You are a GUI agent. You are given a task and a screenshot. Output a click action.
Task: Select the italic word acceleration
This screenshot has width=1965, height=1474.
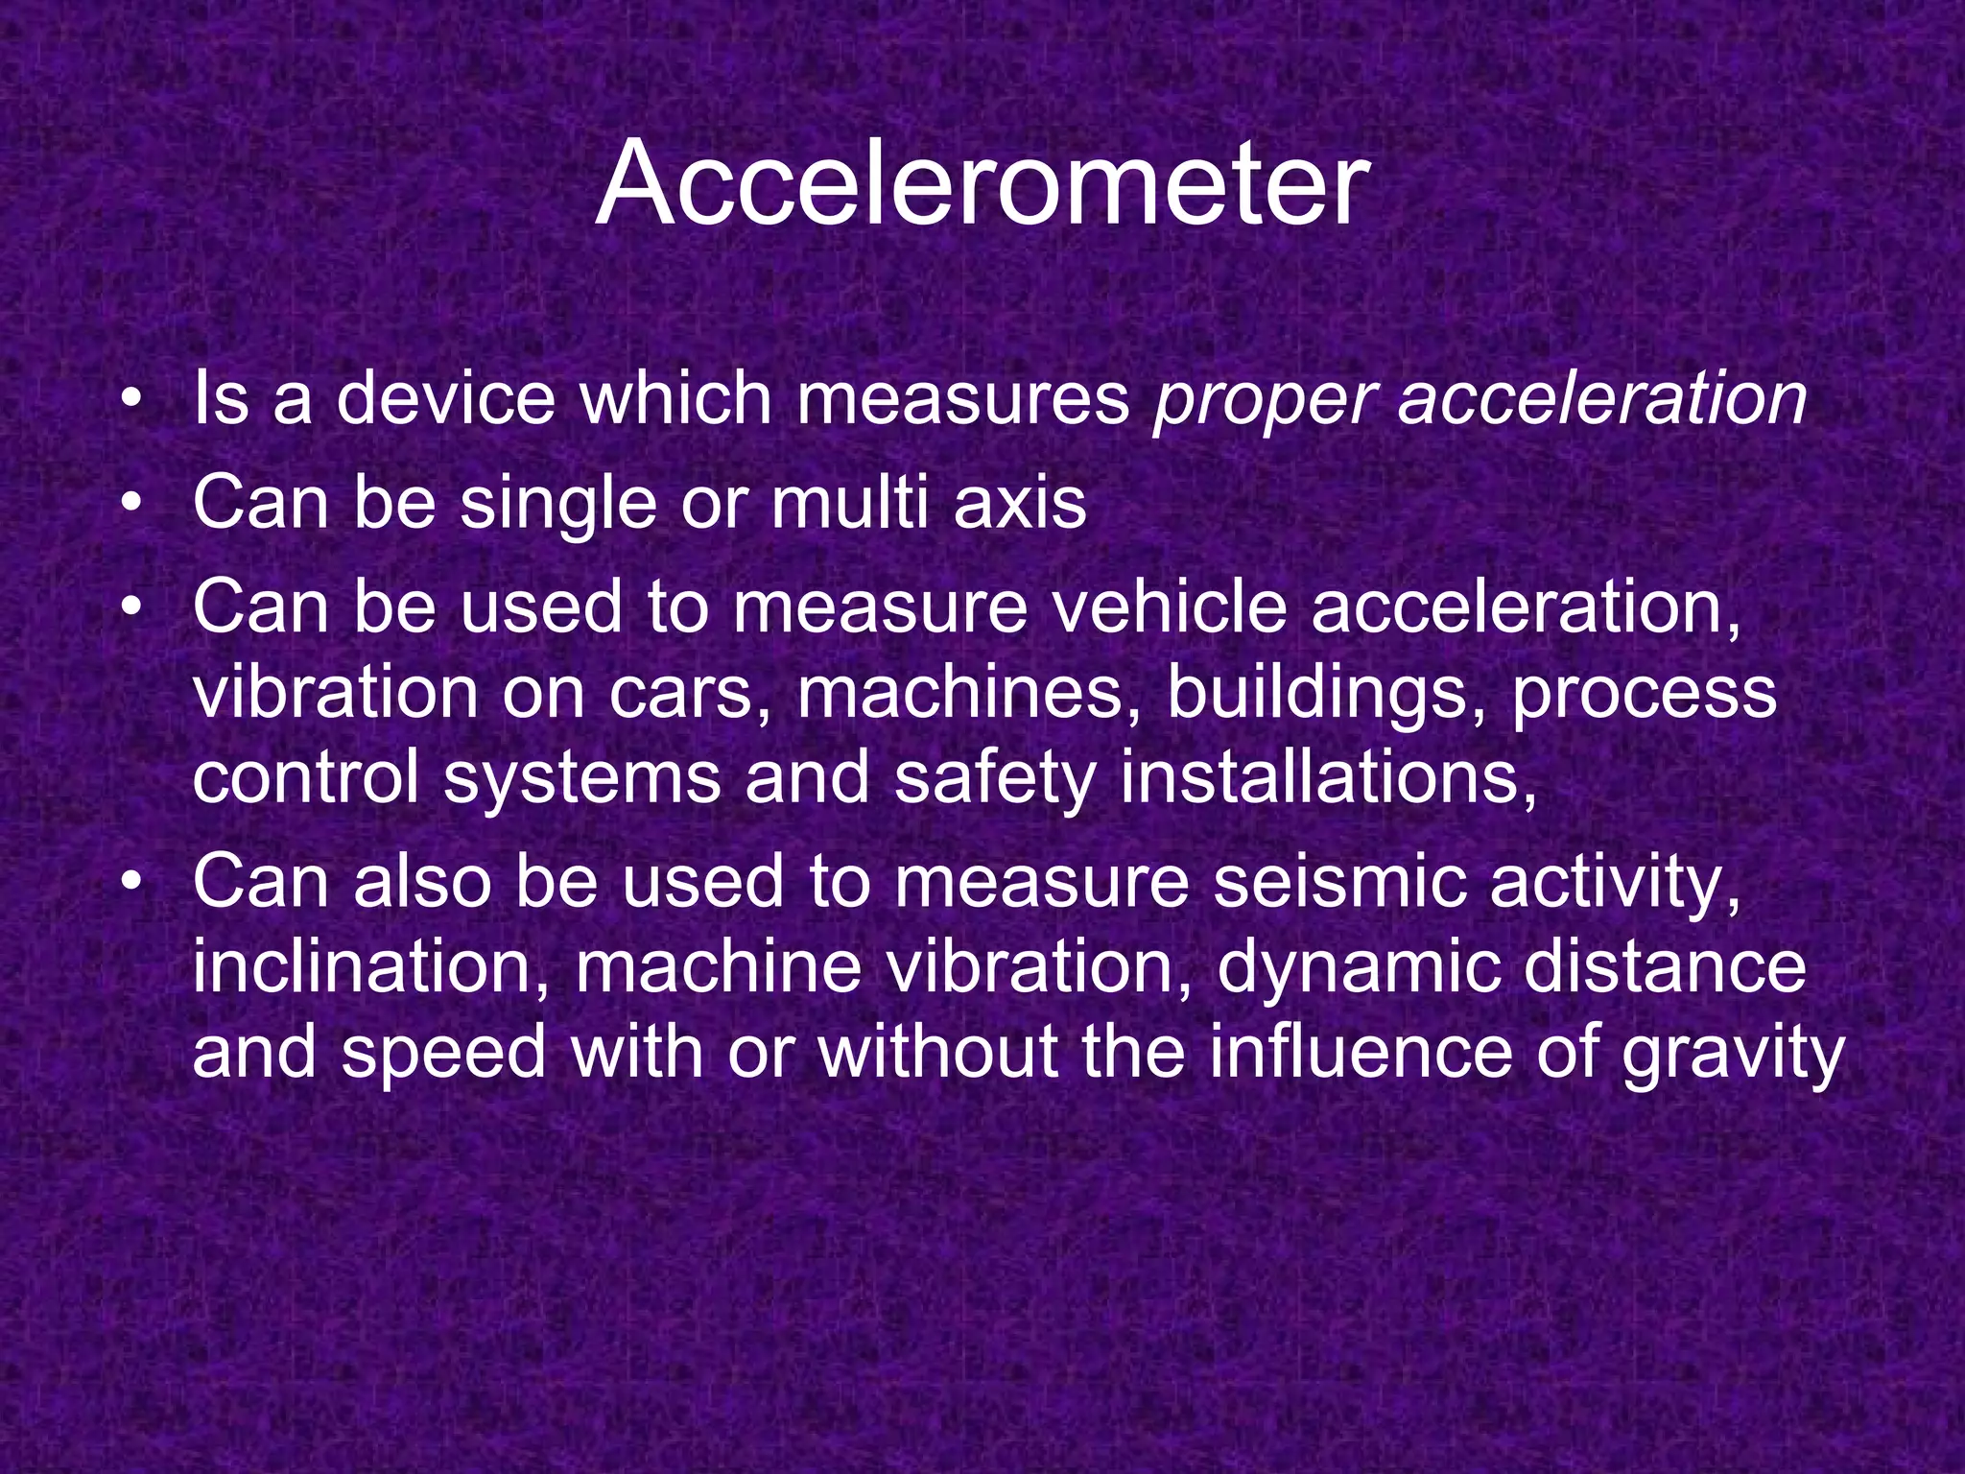pos(1602,399)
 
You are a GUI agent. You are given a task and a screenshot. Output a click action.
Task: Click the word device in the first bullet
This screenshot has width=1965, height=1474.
pos(446,399)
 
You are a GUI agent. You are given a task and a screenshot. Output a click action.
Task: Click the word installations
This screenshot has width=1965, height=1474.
pos(1328,777)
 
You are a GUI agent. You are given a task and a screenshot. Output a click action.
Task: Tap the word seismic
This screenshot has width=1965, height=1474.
pos(1339,881)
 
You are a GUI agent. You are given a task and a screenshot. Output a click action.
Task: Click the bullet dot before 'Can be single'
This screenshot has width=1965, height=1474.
pos(130,503)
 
